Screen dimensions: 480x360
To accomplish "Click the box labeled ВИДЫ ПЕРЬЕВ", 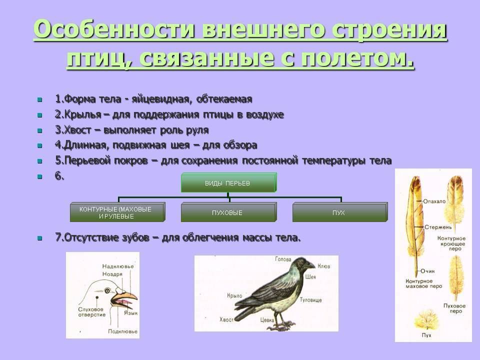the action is point(228,183).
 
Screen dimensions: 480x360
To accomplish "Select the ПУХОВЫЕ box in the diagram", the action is point(228,212).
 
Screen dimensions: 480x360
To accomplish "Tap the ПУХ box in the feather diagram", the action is point(340,212).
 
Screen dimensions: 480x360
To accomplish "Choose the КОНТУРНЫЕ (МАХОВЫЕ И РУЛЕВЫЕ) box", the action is point(117,212).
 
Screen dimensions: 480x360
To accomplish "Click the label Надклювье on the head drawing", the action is point(118,266).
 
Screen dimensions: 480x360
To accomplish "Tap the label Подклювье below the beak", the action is point(122,331).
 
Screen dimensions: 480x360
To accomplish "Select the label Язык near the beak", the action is point(130,313).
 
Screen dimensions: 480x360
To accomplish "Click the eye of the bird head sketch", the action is point(108,290).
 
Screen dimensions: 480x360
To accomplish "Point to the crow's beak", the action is point(311,265).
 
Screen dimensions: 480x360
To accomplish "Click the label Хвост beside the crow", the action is point(226,319).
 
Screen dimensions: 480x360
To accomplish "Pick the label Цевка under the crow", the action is point(267,320).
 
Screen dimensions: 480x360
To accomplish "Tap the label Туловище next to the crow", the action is point(310,300).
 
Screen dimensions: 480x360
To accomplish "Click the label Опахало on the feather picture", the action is point(434,201).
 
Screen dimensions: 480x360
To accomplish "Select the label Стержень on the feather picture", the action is point(438,227).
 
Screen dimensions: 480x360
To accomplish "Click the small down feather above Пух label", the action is point(426,320).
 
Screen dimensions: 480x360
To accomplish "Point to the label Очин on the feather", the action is point(427,271).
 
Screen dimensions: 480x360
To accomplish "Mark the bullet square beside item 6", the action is point(40,176).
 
